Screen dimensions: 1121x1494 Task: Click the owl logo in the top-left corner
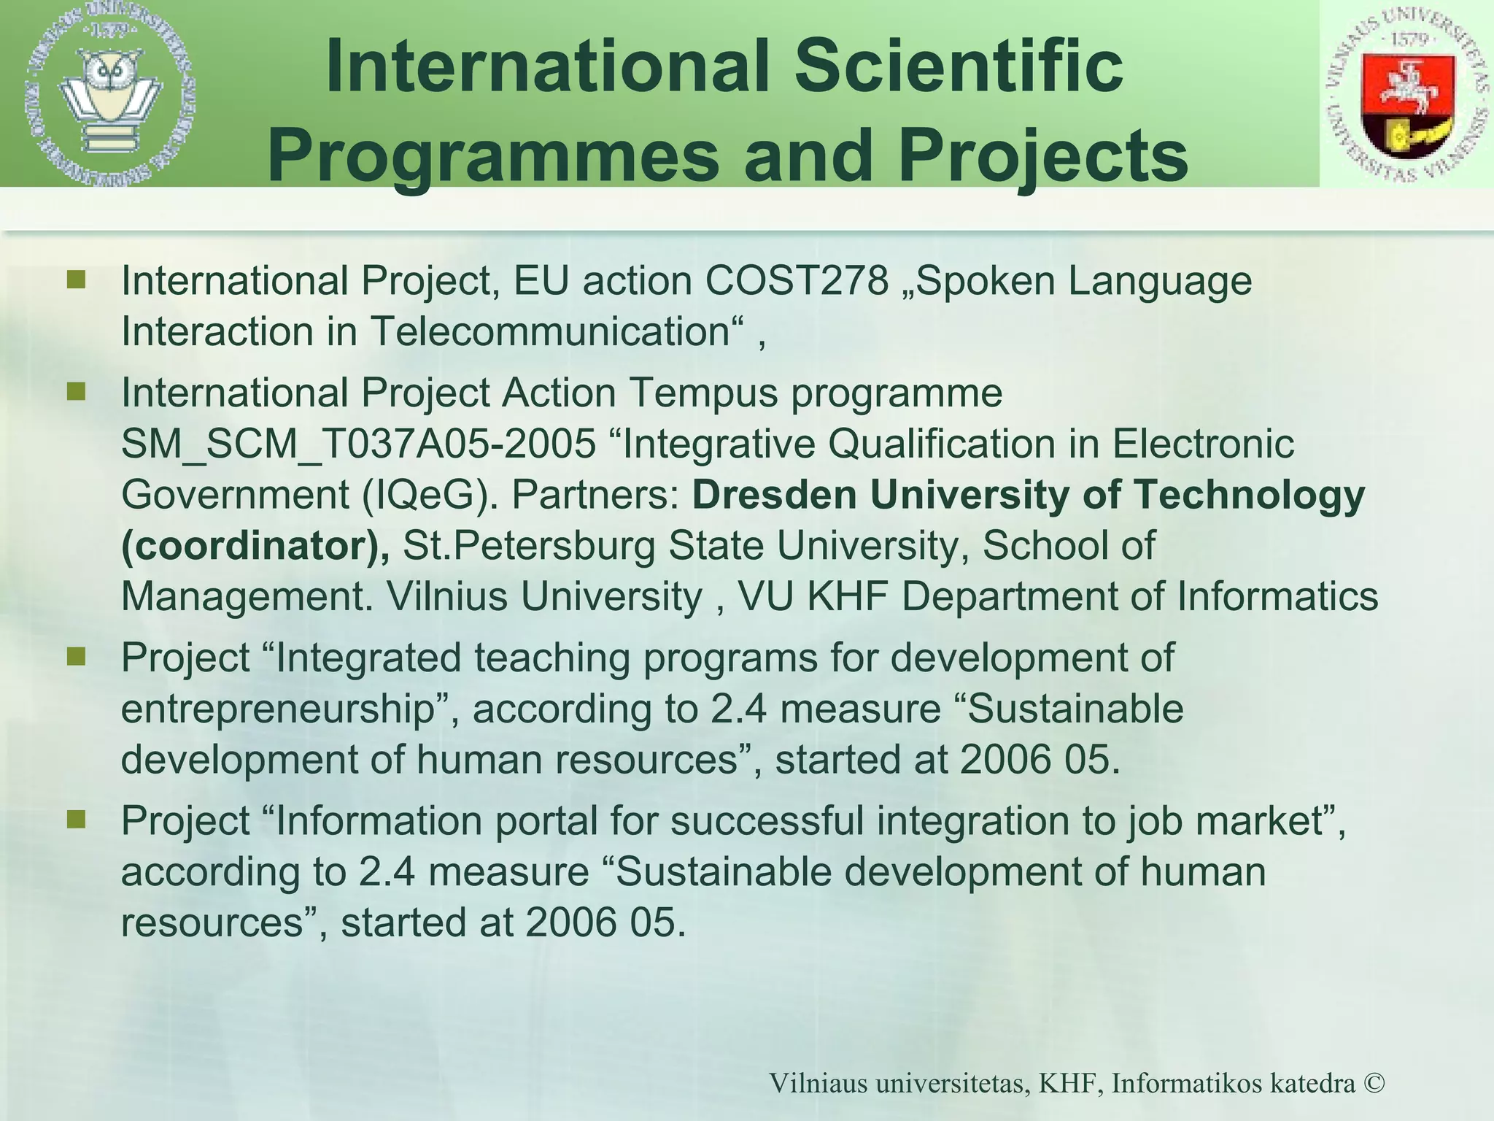111,93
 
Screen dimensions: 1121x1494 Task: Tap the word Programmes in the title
493,155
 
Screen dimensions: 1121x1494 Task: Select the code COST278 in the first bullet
797,281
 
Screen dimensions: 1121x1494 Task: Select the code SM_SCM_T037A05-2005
358,444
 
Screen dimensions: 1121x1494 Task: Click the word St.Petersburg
530,546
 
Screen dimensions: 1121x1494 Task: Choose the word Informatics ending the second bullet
1277,596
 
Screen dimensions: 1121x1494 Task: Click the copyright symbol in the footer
1373,1083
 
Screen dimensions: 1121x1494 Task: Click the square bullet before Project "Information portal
76,819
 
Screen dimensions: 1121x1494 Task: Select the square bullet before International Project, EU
76,280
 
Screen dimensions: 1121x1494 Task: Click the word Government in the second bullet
235,495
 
